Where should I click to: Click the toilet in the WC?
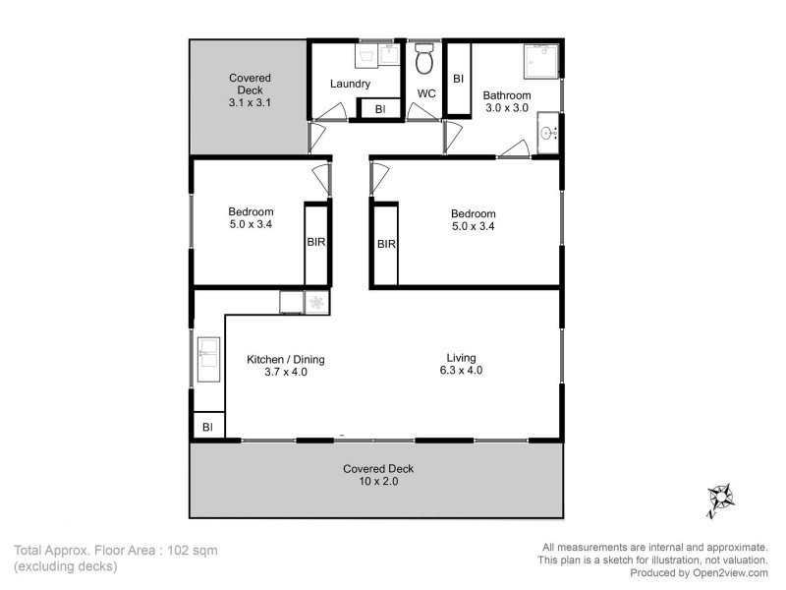[x=424, y=61]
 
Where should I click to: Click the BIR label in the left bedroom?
[x=315, y=241]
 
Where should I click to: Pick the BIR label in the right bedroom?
[x=386, y=244]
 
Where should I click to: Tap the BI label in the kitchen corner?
[x=207, y=427]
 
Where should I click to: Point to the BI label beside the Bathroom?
[x=458, y=78]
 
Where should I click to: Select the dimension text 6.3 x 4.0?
[x=462, y=372]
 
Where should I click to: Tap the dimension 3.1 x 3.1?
[x=250, y=101]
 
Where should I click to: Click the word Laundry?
[x=350, y=84]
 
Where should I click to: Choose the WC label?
[x=426, y=94]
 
